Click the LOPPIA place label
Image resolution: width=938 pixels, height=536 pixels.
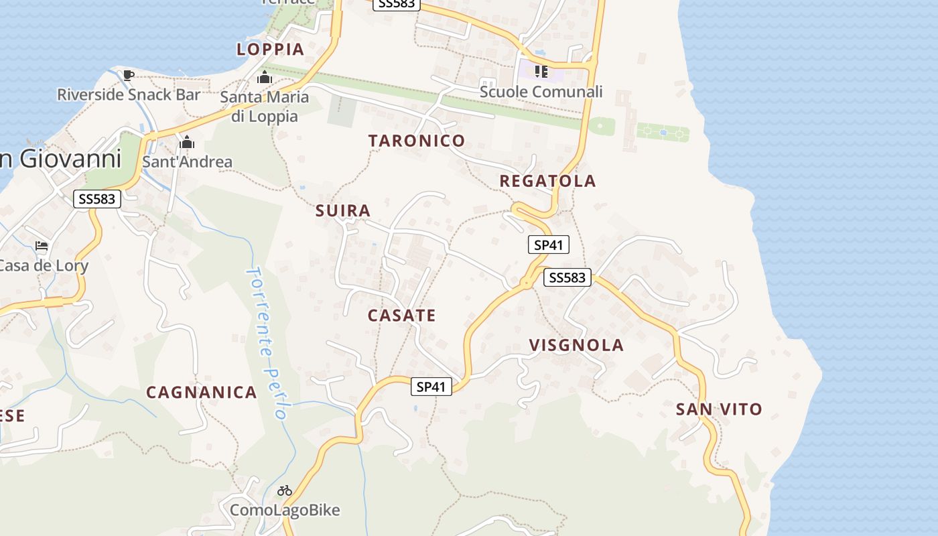(x=271, y=49)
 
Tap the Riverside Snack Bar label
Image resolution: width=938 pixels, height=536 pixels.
(x=129, y=94)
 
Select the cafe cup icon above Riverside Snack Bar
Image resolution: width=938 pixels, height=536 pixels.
(x=129, y=74)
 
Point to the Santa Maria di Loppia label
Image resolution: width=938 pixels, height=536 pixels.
(x=265, y=107)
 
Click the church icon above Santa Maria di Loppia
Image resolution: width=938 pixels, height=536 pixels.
(x=265, y=78)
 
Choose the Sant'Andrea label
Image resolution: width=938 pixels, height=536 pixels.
(x=188, y=161)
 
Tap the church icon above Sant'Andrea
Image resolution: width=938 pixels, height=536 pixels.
(x=187, y=142)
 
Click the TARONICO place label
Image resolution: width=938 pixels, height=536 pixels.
(x=416, y=141)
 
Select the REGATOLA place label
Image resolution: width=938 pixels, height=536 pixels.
(x=547, y=181)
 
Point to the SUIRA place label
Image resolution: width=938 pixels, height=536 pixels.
(x=343, y=211)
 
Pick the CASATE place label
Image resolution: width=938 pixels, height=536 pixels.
(x=401, y=316)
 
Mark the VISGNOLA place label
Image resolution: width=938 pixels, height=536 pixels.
(x=576, y=346)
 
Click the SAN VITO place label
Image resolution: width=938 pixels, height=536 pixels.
(x=719, y=409)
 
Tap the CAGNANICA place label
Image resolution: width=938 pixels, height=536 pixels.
(x=202, y=393)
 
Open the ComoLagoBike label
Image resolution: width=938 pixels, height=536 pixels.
(x=285, y=511)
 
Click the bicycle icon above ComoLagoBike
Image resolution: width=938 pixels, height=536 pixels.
(x=285, y=490)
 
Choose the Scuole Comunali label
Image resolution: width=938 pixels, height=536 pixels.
(x=541, y=92)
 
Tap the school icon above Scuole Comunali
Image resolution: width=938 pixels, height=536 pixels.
(x=541, y=72)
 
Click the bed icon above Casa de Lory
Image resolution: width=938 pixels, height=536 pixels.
(x=42, y=246)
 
